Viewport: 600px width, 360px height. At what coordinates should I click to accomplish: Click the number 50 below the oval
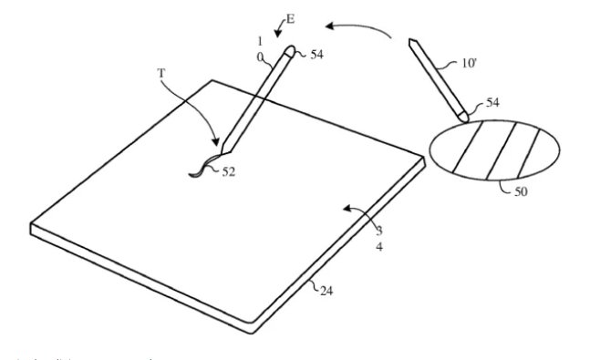[x=521, y=192]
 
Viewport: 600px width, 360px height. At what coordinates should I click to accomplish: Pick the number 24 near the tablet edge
[x=326, y=290]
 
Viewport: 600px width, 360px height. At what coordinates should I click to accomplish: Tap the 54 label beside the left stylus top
[x=316, y=56]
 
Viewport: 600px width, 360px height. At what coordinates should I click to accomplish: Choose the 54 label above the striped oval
[x=491, y=104]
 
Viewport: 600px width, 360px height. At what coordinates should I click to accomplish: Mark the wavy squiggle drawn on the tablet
[x=202, y=167]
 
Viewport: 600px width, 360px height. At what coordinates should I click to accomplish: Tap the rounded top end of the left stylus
[x=290, y=50]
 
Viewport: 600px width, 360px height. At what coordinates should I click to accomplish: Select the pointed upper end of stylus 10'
[x=413, y=42]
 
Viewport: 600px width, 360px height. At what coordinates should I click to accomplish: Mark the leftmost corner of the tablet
[x=32, y=225]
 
